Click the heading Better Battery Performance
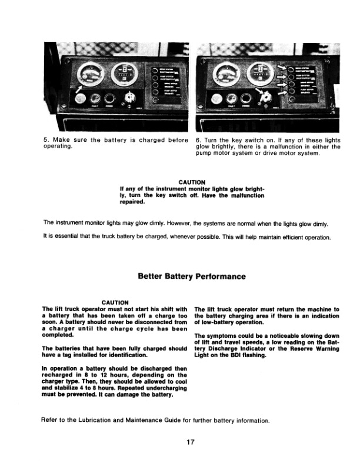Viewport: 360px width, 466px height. (x=192, y=275)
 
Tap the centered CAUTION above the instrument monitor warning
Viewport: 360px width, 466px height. (x=192, y=182)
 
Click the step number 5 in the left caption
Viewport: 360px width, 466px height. (x=46, y=140)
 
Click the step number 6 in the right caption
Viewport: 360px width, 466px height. (x=197, y=140)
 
